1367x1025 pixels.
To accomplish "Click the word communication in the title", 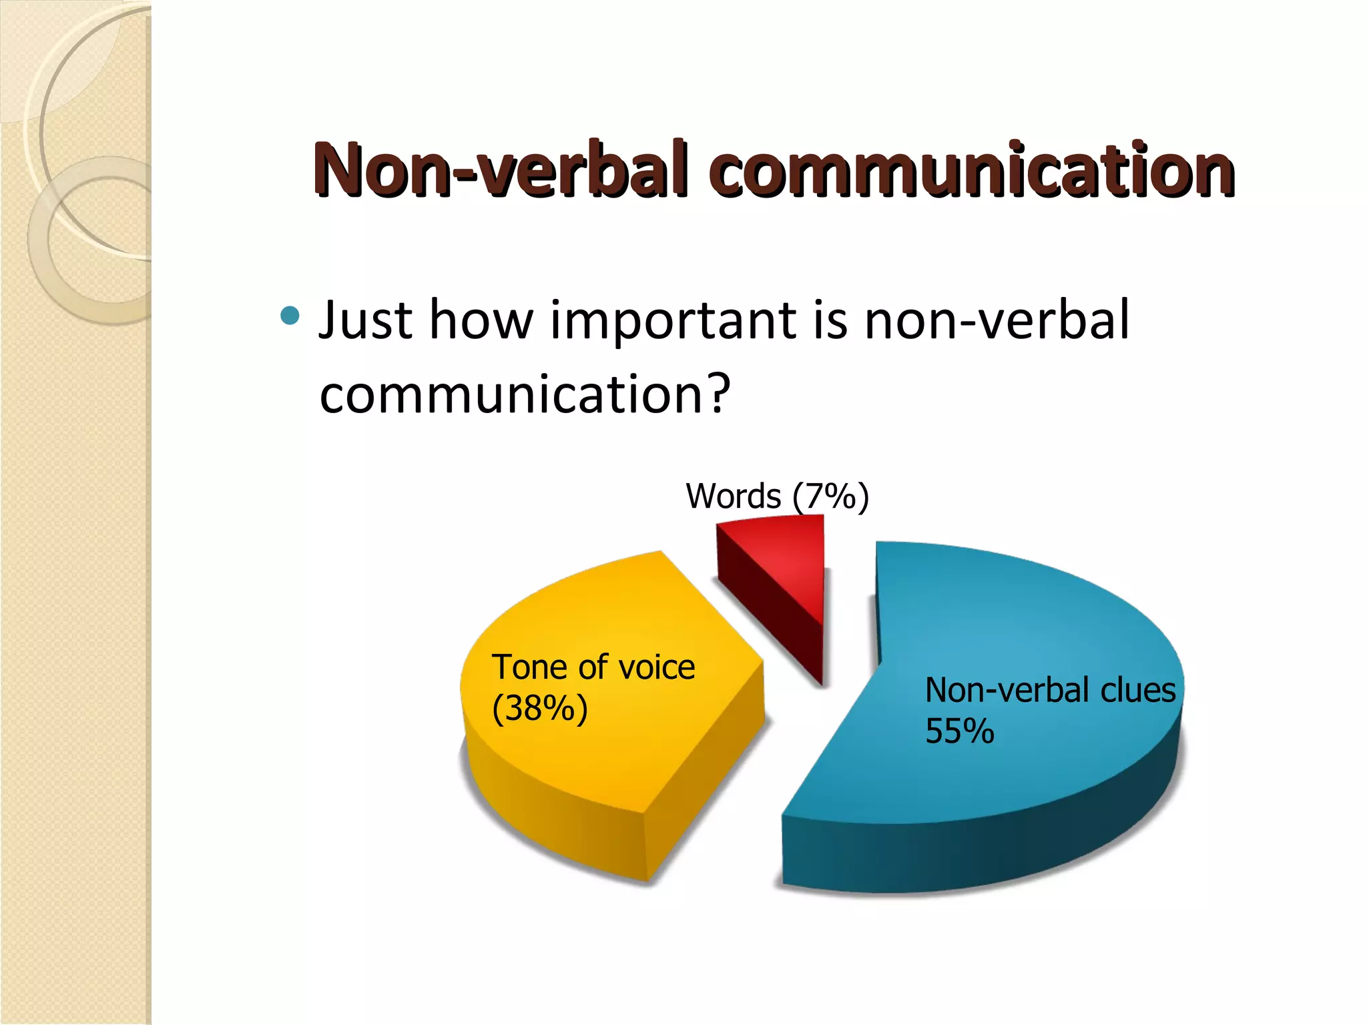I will tap(975, 169).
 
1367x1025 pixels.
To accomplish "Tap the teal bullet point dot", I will tap(290, 315).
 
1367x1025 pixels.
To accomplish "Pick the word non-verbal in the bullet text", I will tap(996, 320).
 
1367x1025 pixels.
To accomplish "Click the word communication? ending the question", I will tap(525, 394).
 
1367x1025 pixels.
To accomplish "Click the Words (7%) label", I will tap(777, 496).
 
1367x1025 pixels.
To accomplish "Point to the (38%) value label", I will tap(539, 709).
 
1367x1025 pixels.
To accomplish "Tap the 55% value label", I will tap(959, 731).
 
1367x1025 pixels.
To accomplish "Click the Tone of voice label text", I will tap(593, 667).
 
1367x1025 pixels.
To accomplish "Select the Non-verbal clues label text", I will tap(1049, 690).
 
